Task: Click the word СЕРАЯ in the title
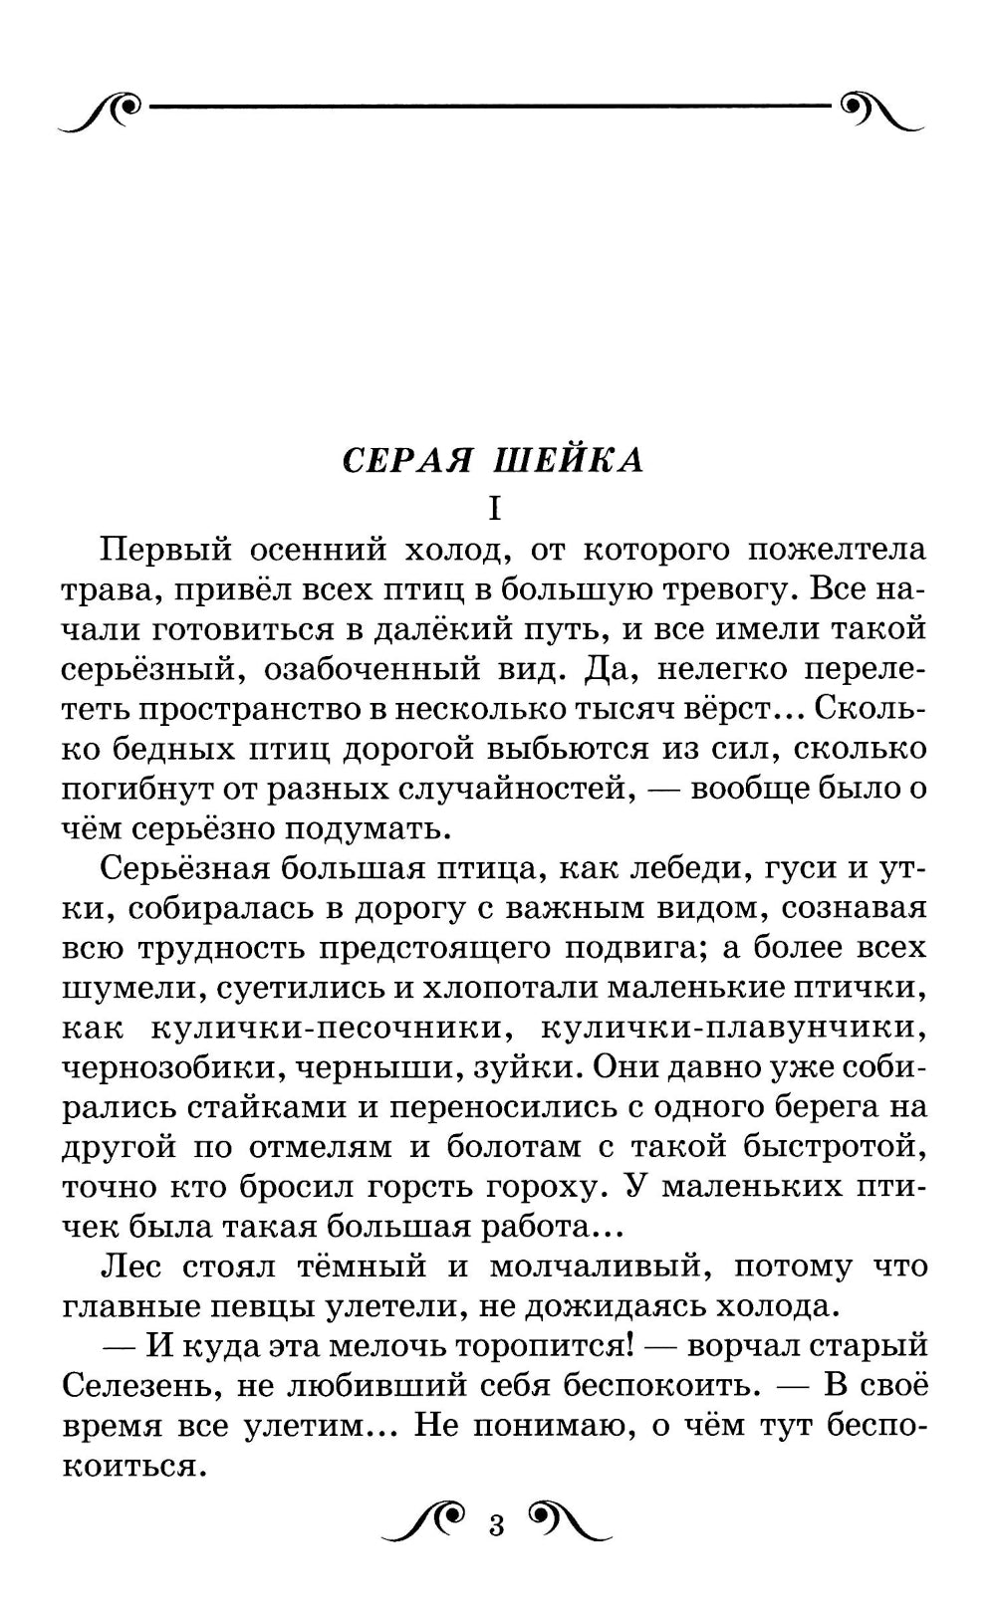click(409, 461)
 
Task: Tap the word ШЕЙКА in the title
click(569, 461)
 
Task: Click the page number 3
click(497, 1525)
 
